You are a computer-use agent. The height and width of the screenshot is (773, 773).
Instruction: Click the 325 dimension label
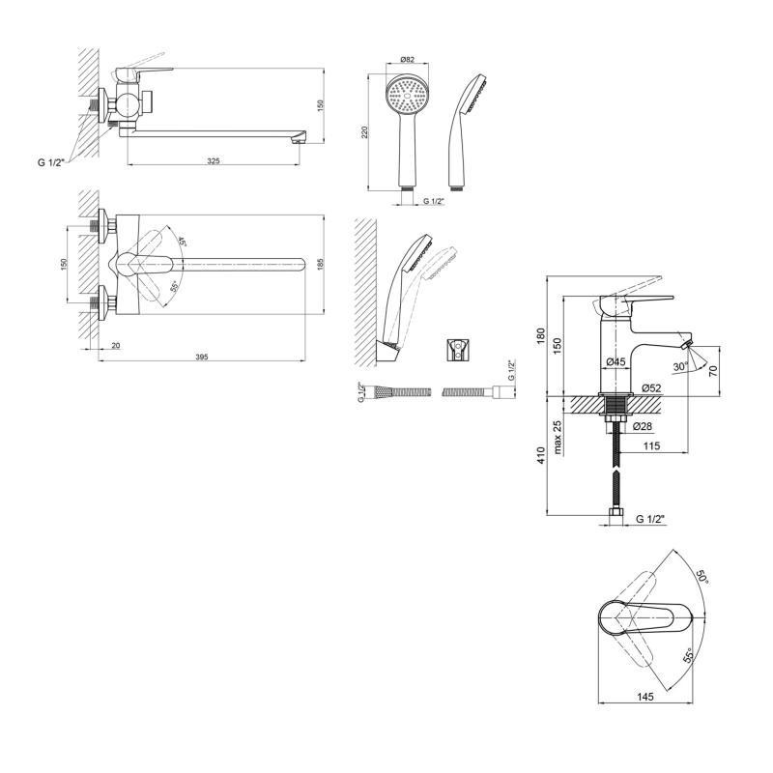coord(214,159)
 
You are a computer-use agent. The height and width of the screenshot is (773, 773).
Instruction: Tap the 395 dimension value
coord(202,358)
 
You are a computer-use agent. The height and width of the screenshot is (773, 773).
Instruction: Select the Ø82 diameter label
coord(407,60)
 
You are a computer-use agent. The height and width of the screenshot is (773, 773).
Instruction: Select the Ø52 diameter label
coord(649,388)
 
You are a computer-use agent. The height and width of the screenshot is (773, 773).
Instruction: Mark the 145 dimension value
coord(645,696)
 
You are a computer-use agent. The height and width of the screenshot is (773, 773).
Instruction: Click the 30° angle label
coord(681,367)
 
